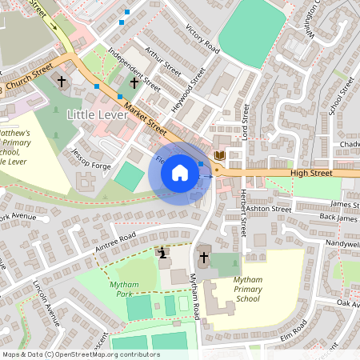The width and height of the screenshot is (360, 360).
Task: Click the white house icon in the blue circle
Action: click(180, 173)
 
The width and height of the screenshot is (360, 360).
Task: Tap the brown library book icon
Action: click(220, 154)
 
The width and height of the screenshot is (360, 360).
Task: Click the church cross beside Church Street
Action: click(62, 82)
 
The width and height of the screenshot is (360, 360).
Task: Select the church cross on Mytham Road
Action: click(204, 258)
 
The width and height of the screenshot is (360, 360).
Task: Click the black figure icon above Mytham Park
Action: click(163, 254)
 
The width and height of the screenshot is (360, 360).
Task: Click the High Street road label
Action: click(310, 172)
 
